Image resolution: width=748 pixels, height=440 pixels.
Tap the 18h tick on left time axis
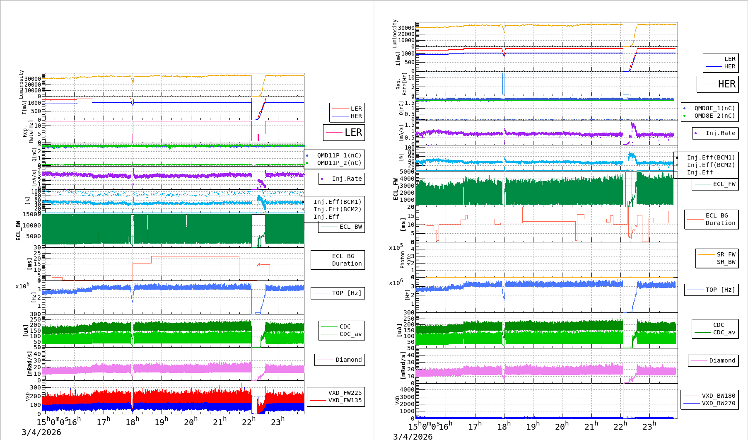pos(132,422)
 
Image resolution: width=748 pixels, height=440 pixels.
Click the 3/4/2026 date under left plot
pos(41,432)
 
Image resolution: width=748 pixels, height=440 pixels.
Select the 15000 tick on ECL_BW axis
pos(31,214)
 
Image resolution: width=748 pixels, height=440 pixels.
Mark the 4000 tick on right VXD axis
pos(407,389)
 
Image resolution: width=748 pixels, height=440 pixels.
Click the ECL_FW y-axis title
pos(396,189)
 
